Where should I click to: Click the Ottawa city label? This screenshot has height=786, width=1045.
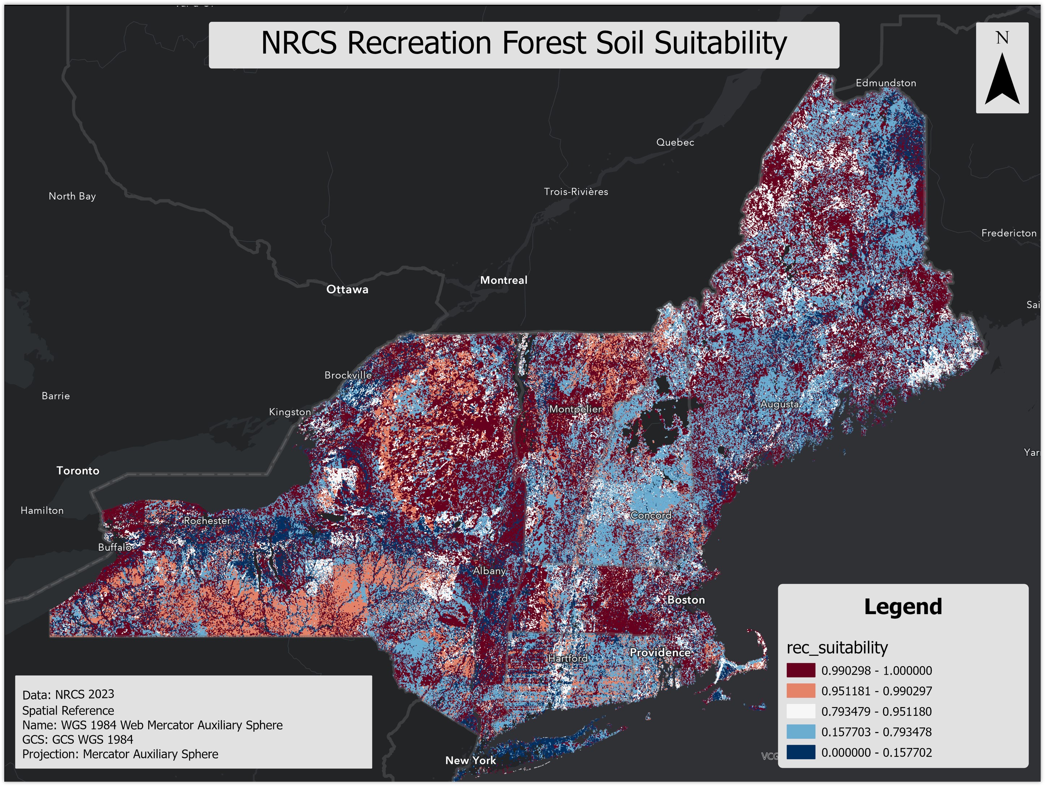coord(347,289)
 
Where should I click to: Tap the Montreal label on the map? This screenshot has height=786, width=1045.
coord(504,280)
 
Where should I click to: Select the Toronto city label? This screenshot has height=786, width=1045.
coord(78,471)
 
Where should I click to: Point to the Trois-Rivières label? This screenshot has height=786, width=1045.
coord(576,192)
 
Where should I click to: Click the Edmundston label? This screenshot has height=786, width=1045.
coord(886,83)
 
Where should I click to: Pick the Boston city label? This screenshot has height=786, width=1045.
coord(686,600)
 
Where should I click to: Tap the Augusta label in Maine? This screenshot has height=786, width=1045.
coord(779,404)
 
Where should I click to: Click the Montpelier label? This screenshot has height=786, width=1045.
coord(575,409)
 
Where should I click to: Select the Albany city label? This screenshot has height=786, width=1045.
coord(489,571)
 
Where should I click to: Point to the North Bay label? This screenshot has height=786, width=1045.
coord(72,196)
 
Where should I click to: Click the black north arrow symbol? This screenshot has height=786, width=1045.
coord(1002,80)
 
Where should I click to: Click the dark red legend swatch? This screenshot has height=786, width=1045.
coord(801,670)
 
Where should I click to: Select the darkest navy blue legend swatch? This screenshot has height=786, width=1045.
coord(801,752)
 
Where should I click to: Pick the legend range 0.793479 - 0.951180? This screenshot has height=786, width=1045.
coord(876,711)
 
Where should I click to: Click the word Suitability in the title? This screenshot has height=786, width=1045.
coord(721,43)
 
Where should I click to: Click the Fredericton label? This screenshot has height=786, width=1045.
coord(1009,233)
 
